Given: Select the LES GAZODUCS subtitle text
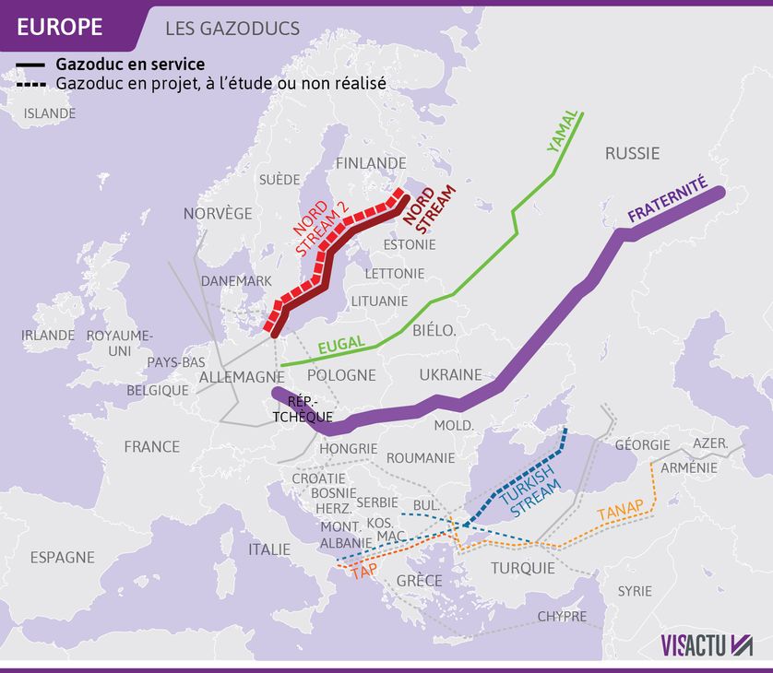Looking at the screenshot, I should (x=232, y=29).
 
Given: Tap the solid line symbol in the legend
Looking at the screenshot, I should (x=30, y=65).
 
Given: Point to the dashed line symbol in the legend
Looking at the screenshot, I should (x=30, y=83).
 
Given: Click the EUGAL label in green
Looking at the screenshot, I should (x=341, y=346).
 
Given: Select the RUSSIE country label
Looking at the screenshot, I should (x=632, y=153).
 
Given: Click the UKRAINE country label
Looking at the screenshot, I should (x=450, y=375).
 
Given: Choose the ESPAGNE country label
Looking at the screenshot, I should (x=62, y=557).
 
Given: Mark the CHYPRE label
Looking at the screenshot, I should (x=561, y=616).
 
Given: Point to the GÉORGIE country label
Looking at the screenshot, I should (x=642, y=445).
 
